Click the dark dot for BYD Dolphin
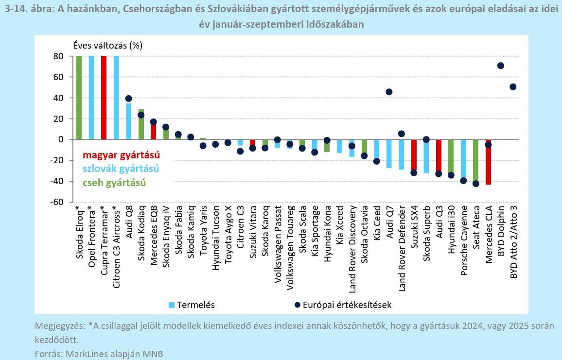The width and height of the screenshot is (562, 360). pos(500,66)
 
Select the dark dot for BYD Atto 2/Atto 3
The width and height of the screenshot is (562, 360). pos(513,87)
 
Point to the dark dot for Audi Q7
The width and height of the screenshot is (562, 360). pos(389,92)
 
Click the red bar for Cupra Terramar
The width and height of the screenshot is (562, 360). pos(104,97)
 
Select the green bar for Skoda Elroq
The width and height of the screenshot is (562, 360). pos(79,97)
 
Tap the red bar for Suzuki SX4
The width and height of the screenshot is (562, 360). pos(414,155)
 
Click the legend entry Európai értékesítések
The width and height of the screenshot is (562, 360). pos(347,305)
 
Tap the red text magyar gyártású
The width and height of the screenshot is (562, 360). pos(121,155)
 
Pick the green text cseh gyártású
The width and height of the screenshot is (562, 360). pos(114,182)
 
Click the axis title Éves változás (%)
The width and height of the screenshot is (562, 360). pos(107,45)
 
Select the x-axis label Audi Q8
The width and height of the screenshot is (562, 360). pos(128,224)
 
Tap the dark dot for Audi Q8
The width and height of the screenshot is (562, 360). pos(128,99)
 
